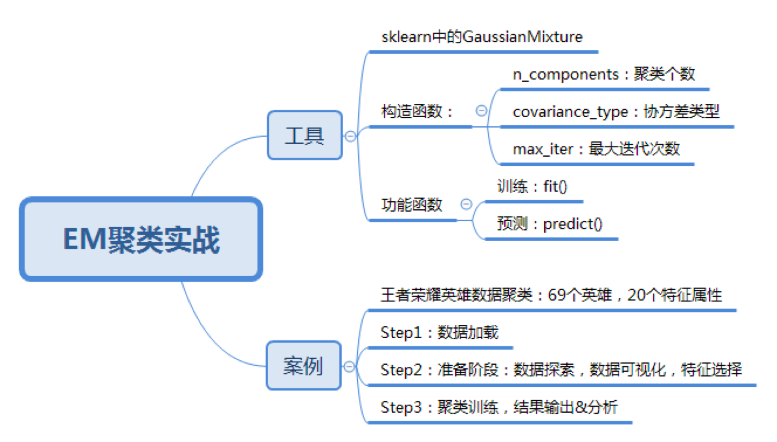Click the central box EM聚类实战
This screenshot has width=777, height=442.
coord(141,239)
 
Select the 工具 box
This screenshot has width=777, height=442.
coord(305,135)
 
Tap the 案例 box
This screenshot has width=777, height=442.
coord(303,366)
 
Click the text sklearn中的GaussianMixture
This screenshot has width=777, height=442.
coord(482,36)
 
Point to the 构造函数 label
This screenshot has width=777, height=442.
coord(417,111)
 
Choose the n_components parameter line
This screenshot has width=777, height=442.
coord(604,74)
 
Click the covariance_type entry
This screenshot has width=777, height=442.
coord(616,111)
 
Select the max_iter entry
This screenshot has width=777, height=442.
coord(596,149)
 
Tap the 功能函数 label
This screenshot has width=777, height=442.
coord(412,205)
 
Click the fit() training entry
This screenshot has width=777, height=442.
coord(532,186)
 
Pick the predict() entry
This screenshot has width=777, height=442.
coord(550,223)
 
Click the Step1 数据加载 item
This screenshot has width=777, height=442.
coord(440,332)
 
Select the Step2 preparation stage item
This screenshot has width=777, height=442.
coord(561,370)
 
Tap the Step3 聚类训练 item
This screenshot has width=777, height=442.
coord(499,407)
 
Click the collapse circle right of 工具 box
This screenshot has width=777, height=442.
coord(350,136)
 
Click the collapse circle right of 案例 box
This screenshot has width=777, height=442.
coord(349,367)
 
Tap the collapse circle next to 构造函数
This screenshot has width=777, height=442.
coord(481,110)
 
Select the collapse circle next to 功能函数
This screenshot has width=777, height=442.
coord(466,204)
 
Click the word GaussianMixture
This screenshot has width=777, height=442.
coord(523,36)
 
